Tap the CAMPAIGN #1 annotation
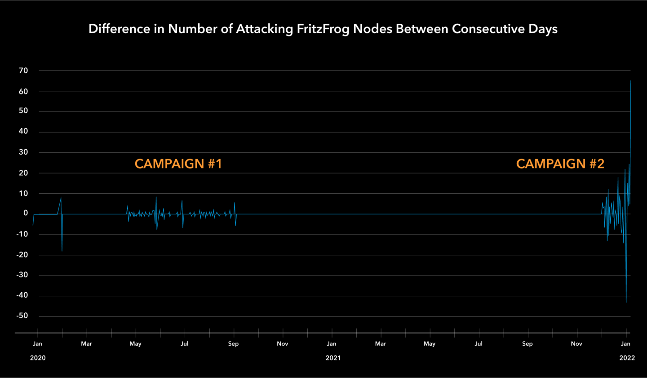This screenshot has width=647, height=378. coord(178,164)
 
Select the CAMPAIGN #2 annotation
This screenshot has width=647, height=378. coord(560,164)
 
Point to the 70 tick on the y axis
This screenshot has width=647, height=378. coord(23,71)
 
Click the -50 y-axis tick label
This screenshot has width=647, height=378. coord(22,316)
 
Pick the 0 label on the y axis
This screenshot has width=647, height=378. coord(26,213)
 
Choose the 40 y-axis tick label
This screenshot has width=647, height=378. coord(23,131)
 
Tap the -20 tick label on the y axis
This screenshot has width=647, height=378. coord(22,254)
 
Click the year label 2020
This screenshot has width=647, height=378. coord(38,358)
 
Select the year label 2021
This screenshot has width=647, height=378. coord(333,358)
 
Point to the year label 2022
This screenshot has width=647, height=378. coord(627,358)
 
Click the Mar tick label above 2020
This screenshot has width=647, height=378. coord(86,344)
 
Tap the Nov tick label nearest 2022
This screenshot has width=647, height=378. coord(576,344)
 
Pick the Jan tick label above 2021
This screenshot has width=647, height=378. coord(332,344)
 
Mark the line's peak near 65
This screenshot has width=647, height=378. coord(631,81)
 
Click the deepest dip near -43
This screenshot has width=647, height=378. coord(626,302)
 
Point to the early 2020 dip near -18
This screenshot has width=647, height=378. coord(62,251)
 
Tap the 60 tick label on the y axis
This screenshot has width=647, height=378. coord(23,91)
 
